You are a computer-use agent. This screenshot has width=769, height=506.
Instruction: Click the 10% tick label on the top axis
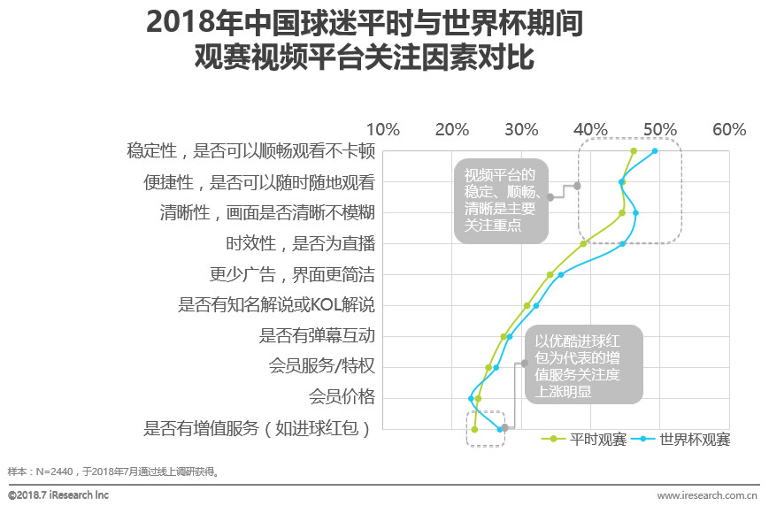(x=382, y=129)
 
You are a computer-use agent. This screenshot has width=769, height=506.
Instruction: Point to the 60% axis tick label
(x=729, y=129)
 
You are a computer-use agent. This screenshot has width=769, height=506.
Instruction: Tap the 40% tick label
(x=590, y=129)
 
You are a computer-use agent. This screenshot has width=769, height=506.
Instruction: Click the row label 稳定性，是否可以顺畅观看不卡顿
(x=251, y=151)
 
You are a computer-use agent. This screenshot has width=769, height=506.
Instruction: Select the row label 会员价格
(x=341, y=395)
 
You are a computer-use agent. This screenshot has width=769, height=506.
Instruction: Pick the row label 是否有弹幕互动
(x=317, y=335)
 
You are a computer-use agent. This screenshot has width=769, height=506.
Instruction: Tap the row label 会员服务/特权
(x=321, y=365)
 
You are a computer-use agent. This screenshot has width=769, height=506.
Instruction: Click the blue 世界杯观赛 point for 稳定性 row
(x=655, y=151)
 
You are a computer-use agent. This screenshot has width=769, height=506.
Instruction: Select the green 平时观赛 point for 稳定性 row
(x=634, y=151)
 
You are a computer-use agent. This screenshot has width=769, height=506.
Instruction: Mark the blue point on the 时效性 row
(x=623, y=243)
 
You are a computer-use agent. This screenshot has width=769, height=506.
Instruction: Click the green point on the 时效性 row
(x=583, y=243)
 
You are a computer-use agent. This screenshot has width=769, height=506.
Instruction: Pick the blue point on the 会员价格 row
(x=471, y=398)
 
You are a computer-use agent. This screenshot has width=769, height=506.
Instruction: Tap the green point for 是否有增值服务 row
(x=475, y=429)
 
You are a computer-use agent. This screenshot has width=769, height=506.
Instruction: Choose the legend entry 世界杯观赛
(x=684, y=439)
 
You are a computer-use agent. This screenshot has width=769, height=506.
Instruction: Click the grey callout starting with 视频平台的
(x=501, y=201)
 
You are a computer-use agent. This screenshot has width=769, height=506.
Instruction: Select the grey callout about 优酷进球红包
(x=583, y=365)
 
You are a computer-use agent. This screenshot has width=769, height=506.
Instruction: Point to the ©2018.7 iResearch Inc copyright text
(x=58, y=495)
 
